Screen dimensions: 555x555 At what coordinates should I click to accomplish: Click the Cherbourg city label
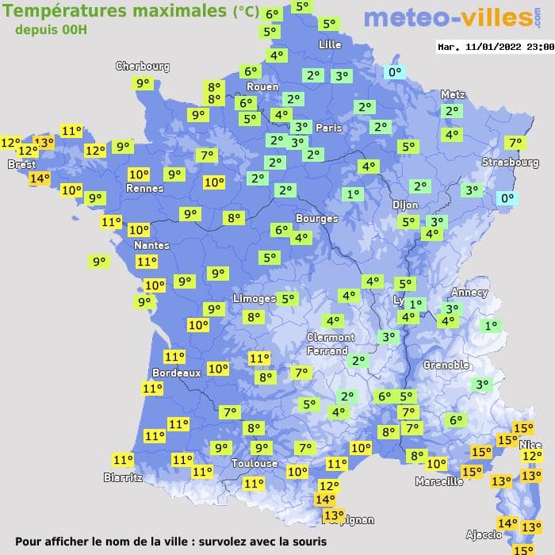tap(143, 67)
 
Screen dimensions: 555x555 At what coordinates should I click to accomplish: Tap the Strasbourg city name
tap(510, 163)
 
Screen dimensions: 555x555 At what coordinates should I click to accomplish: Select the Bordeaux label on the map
tap(176, 373)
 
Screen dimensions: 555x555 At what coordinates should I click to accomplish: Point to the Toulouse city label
tap(255, 463)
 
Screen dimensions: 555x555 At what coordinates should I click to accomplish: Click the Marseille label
tap(439, 481)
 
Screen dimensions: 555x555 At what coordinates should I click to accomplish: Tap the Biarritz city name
tap(123, 477)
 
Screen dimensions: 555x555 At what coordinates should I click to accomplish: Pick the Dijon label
tap(405, 205)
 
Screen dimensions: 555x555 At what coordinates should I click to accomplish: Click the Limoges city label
tap(255, 298)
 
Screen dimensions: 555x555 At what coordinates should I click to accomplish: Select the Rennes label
tap(144, 189)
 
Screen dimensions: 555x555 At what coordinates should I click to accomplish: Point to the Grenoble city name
tap(446, 366)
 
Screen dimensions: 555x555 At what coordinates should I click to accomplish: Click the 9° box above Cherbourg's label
tap(143, 83)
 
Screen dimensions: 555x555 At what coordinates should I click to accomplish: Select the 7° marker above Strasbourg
tap(515, 143)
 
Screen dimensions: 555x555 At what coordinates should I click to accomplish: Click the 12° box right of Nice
tap(532, 456)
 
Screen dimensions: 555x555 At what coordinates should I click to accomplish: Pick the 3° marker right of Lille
tap(341, 76)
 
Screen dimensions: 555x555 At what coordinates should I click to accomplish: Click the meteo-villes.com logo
tap(447, 19)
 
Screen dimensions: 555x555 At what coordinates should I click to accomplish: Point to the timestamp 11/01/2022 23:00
tap(495, 47)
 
